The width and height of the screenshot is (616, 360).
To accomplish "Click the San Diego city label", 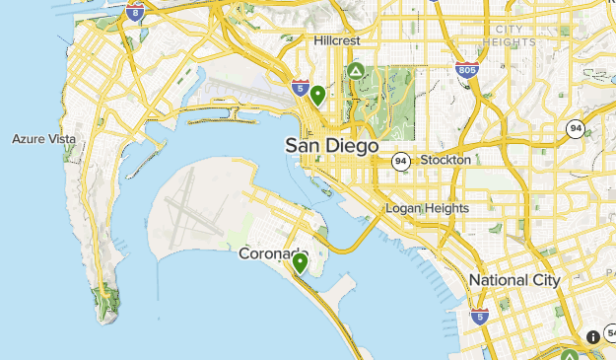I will (331, 145).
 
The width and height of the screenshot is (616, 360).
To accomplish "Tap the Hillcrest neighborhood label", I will (337, 40).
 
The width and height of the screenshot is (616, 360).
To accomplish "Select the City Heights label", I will (510, 36).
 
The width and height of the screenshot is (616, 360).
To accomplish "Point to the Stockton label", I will (445, 160).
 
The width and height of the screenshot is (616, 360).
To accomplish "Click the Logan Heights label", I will (427, 208).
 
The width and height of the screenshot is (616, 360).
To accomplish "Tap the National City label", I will (513, 280).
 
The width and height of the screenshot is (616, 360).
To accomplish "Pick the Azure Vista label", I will (43, 139).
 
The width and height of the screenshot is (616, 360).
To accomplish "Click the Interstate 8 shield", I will (136, 12).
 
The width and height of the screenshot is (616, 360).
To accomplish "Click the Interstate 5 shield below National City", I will (479, 317).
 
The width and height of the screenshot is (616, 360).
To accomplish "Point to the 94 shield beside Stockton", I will (400, 160).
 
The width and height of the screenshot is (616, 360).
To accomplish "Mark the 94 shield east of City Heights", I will (576, 127).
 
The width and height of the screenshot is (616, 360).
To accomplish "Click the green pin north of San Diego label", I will (317, 96).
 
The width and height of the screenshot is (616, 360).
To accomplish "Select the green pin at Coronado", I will (300, 262).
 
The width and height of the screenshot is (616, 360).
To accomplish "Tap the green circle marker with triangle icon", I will (355, 71).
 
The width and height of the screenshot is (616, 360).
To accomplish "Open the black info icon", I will (593, 337).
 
